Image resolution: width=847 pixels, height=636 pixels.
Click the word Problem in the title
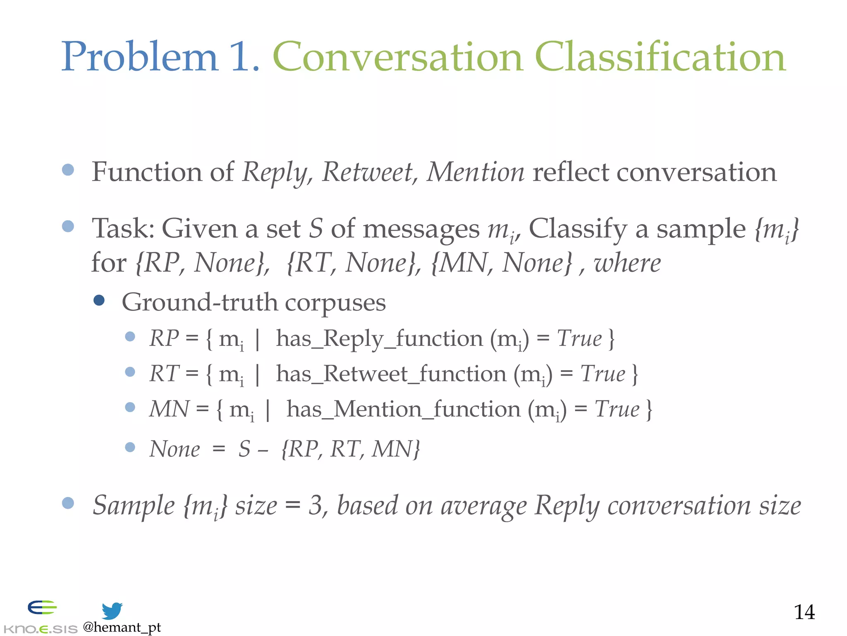139,57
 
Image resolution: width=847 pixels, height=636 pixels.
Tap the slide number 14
804,612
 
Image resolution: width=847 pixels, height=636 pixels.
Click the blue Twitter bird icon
112,611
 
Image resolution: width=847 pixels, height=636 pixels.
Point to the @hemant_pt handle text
122,627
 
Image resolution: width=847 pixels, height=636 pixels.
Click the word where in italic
627,263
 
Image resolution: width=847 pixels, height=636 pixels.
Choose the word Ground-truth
199,302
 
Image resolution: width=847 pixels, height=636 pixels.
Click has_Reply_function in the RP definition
379,339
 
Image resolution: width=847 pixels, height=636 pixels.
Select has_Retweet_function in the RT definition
391,374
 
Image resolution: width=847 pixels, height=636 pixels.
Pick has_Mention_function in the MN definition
403,410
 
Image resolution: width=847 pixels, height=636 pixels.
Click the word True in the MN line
617,410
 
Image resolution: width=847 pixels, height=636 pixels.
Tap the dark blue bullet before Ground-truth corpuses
99,300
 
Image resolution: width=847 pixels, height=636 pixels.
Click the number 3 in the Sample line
315,506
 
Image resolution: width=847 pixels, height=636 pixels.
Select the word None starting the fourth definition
175,449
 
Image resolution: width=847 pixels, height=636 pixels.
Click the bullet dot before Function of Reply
68,170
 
